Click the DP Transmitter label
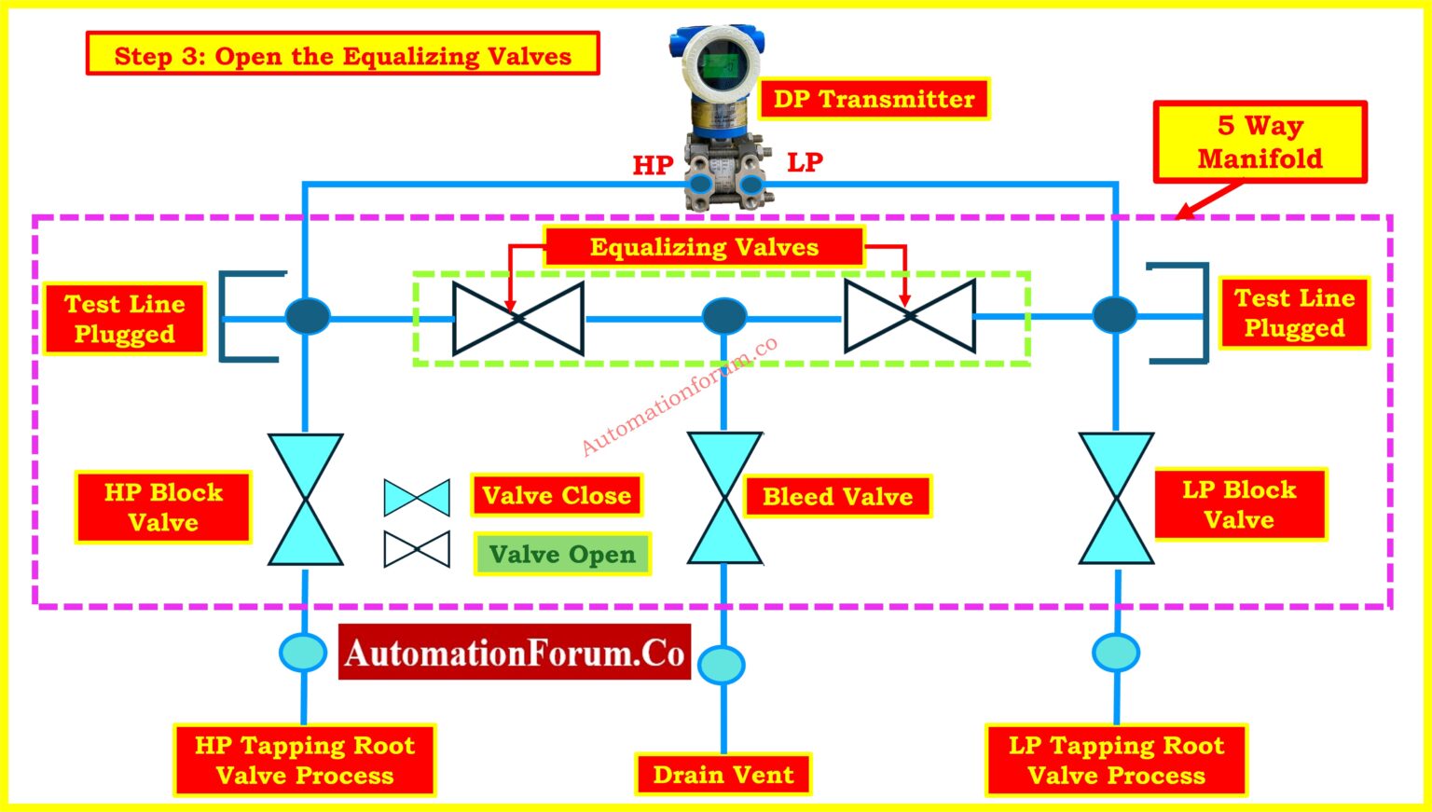tap(874, 99)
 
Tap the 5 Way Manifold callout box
tap(1260, 142)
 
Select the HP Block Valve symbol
tap(306, 500)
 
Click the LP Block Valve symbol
tap(1116, 498)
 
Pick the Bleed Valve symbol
tap(724, 498)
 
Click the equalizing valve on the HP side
tap(517, 318)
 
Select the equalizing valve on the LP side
tap(910, 316)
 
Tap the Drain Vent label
tap(723, 775)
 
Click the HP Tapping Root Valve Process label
tap(305, 760)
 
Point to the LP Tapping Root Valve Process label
tap(1116, 760)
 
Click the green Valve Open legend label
tap(562, 554)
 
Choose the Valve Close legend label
tap(557, 495)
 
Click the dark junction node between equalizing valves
tap(724, 315)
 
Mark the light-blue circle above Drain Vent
tap(722, 665)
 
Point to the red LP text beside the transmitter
tap(805, 162)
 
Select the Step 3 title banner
tap(343, 54)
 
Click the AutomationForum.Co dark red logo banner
tap(515, 653)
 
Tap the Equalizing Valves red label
tap(704, 247)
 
